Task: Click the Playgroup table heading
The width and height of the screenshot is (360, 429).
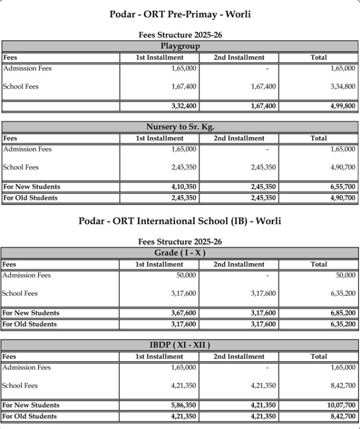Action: pyautogui.click(x=180, y=46)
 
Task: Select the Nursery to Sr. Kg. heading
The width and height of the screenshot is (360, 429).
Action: pyautogui.click(x=180, y=127)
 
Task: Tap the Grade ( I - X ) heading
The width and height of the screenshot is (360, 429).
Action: pyautogui.click(x=180, y=253)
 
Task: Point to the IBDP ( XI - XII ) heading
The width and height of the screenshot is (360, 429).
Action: pyautogui.click(x=180, y=345)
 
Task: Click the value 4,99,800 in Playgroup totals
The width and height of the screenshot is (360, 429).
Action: pyautogui.click(x=343, y=106)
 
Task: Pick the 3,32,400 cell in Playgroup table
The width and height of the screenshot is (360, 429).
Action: pyautogui.click(x=184, y=106)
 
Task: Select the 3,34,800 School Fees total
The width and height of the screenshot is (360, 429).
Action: pyautogui.click(x=343, y=86)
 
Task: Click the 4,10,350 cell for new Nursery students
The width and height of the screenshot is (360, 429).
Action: pyautogui.click(x=184, y=187)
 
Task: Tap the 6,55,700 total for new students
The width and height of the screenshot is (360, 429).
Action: pyautogui.click(x=343, y=187)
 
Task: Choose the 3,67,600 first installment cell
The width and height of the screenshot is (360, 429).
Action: pyautogui.click(x=184, y=313)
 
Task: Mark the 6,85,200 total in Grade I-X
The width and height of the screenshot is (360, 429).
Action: pyautogui.click(x=343, y=313)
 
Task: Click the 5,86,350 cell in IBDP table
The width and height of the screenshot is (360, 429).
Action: pyautogui.click(x=184, y=406)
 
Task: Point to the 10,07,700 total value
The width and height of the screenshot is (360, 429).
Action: pyautogui.click(x=341, y=406)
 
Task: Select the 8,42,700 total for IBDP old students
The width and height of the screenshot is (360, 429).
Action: pyautogui.click(x=343, y=416)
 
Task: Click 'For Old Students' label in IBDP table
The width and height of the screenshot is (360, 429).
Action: pyautogui.click(x=29, y=416)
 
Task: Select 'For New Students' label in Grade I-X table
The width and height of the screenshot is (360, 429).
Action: pyautogui.click(x=31, y=313)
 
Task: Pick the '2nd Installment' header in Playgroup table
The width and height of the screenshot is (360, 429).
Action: pyautogui.click(x=239, y=58)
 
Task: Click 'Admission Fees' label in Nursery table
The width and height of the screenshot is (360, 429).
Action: pyautogui.click(x=27, y=149)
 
